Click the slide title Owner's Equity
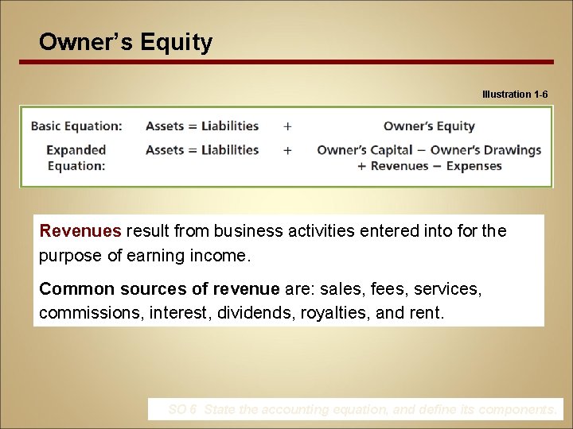pyautogui.click(x=126, y=41)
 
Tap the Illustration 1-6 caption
pyautogui.click(x=514, y=95)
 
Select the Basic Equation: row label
pyautogui.click(x=76, y=126)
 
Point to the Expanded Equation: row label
pyautogui.click(x=76, y=157)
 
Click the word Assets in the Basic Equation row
pyautogui.click(x=165, y=126)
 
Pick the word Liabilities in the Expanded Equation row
pyautogui.click(x=230, y=149)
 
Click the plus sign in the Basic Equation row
pyautogui.click(x=287, y=126)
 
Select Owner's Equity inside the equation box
pyautogui.click(x=429, y=126)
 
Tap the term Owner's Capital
pyautogui.click(x=364, y=149)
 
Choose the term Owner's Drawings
pyautogui.click(x=485, y=149)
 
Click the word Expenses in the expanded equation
pyautogui.click(x=474, y=166)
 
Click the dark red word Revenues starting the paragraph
pyautogui.click(x=80, y=231)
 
